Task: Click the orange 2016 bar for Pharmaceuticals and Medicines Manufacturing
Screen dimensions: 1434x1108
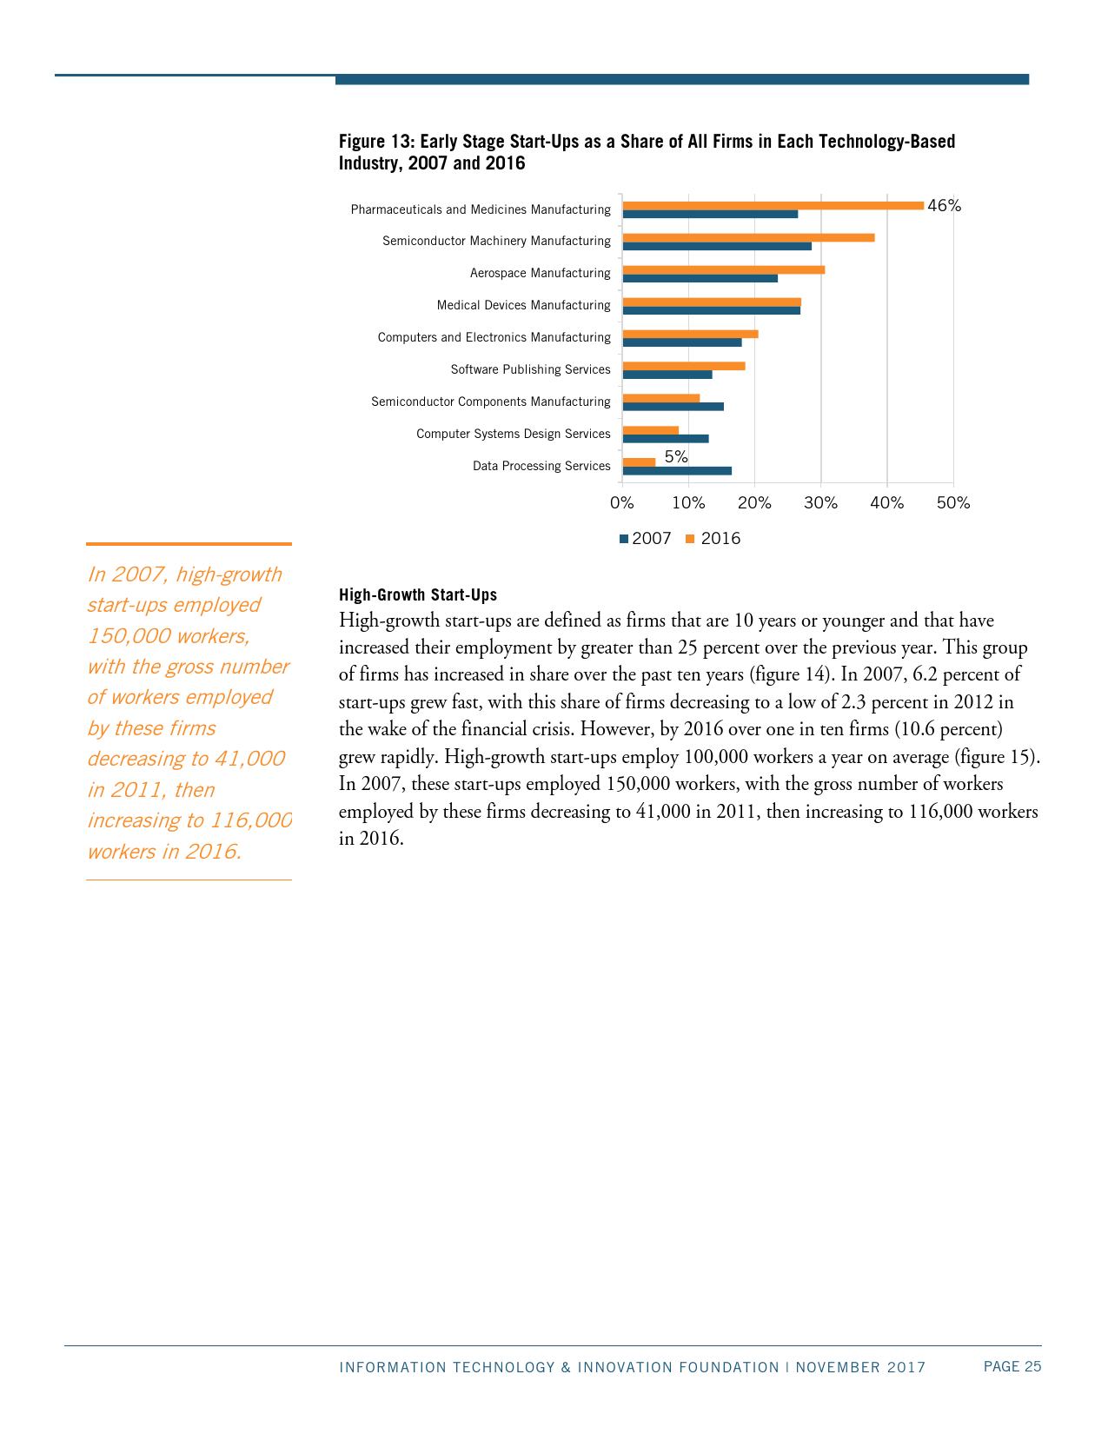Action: [x=773, y=205]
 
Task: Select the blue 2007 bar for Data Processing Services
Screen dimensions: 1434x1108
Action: [x=677, y=471]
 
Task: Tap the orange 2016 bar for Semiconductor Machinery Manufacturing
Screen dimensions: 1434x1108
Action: [x=748, y=237]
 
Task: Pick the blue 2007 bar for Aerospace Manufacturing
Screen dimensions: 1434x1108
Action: [x=700, y=278]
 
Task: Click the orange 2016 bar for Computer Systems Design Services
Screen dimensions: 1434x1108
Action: [x=651, y=429]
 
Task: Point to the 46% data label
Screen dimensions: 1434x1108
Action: [x=945, y=206]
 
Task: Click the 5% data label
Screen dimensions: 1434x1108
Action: [x=676, y=456]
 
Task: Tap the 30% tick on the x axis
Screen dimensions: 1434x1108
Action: [x=820, y=503]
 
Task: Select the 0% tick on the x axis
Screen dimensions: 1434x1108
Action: [x=622, y=503]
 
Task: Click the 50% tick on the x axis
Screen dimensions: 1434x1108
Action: [x=953, y=503]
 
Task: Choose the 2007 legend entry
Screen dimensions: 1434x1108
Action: [x=646, y=539]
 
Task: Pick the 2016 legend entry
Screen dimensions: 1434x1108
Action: [x=714, y=539]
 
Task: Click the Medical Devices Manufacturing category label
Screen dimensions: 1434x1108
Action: [x=523, y=305]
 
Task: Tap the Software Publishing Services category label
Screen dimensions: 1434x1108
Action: [x=530, y=369]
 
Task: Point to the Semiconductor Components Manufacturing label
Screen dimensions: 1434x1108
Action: [x=490, y=402]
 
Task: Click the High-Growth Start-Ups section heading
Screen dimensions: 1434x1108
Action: [x=418, y=595]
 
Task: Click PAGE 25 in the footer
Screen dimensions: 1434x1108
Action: [x=1012, y=1366]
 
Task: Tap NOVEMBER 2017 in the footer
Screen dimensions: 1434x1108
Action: [x=860, y=1367]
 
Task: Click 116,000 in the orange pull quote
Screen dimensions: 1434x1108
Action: [x=252, y=820]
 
